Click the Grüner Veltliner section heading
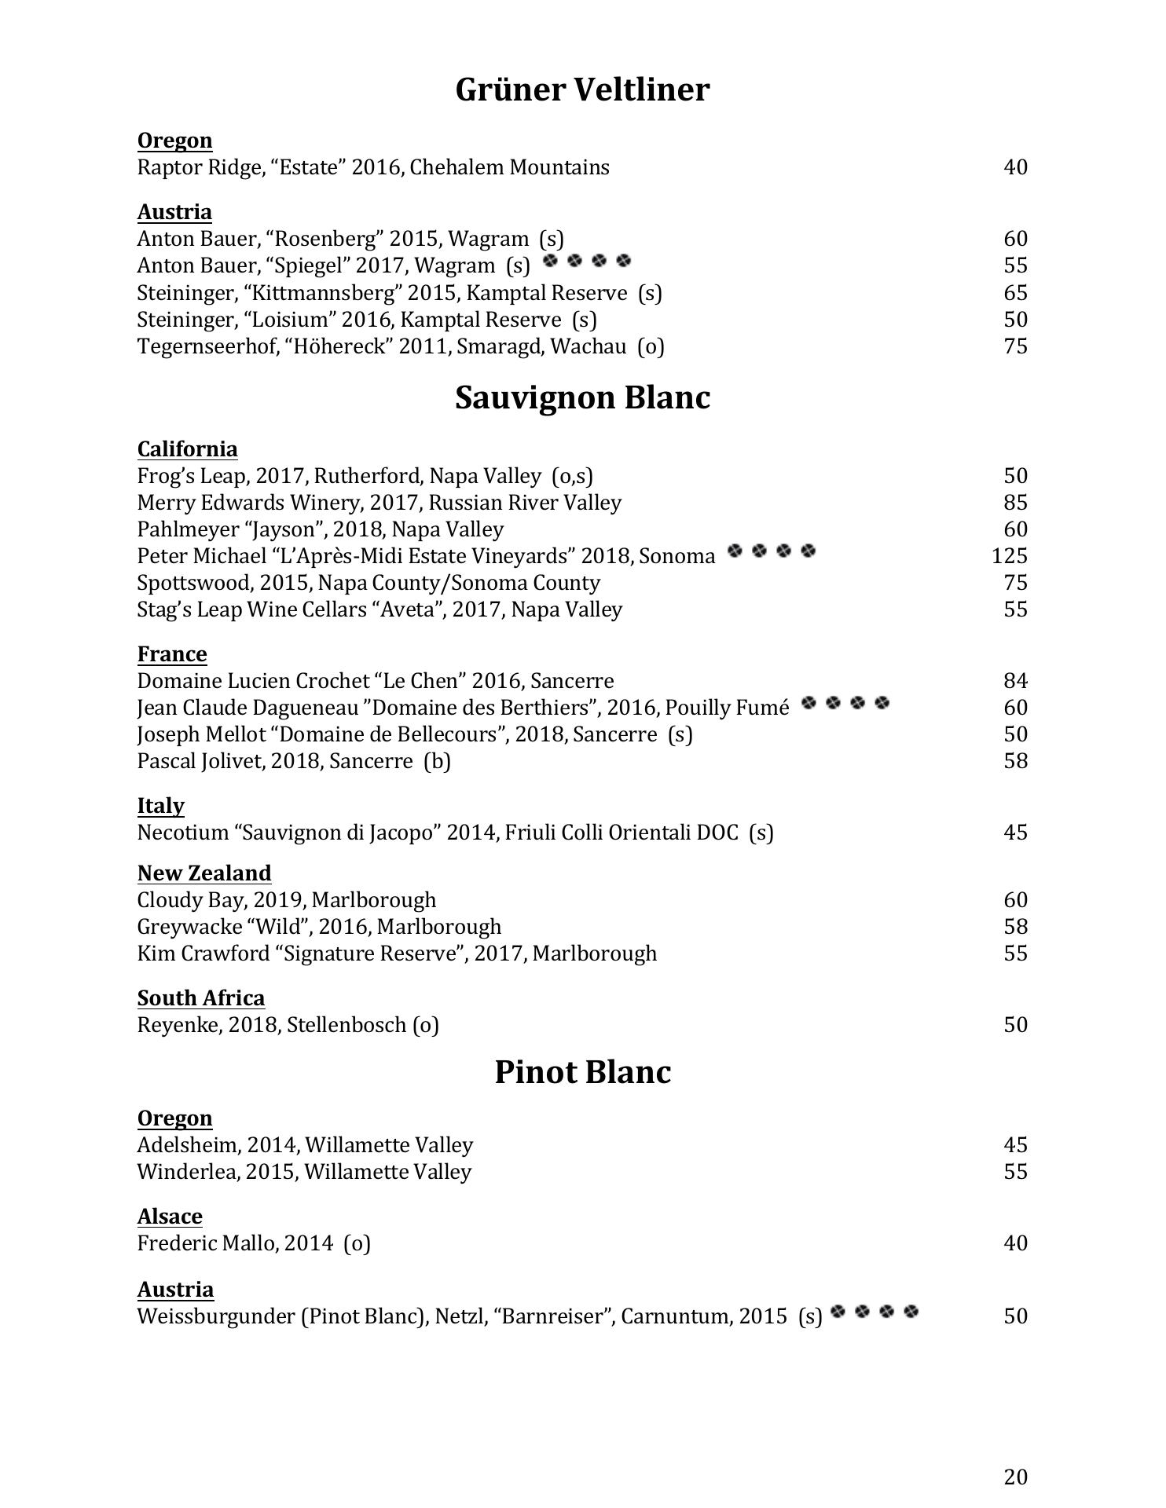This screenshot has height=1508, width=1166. tap(582, 90)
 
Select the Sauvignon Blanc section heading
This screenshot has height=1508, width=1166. tap(582, 397)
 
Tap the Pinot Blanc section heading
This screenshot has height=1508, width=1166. tap(582, 1072)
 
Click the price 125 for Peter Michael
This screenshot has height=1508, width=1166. tap(1009, 556)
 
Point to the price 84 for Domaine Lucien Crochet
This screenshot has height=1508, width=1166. tap(1015, 681)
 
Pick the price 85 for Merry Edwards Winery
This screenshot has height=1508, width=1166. tap(1015, 503)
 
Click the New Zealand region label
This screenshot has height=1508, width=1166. tap(204, 873)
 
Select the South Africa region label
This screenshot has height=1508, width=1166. tap(201, 998)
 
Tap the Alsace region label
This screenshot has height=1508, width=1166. tap(170, 1217)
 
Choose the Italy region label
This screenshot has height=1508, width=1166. tap(161, 806)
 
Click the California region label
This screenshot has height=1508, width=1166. tap(187, 449)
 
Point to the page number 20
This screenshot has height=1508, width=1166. tap(1015, 1477)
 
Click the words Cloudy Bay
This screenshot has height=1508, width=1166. tap(181, 900)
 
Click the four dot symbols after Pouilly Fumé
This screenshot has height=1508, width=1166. tap(845, 703)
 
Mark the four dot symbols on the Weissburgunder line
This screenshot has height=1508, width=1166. tap(874, 1312)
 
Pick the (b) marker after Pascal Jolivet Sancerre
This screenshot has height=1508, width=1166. tap(437, 761)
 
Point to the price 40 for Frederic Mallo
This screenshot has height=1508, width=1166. tap(1015, 1243)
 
